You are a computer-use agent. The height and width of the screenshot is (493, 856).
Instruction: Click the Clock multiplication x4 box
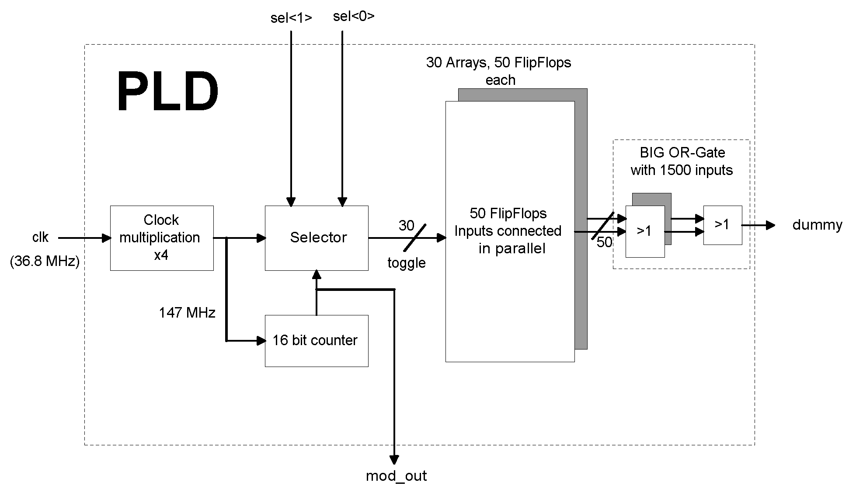[x=161, y=238]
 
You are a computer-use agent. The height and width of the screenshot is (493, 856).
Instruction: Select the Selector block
[x=317, y=238]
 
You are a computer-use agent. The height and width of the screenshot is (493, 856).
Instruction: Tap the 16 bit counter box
[x=317, y=340]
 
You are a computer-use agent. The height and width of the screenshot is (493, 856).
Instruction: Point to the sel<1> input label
[x=291, y=18]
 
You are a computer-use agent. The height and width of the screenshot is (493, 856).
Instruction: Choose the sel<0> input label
[x=354, y=16]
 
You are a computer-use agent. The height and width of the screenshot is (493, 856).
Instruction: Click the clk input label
[x=40, y=238]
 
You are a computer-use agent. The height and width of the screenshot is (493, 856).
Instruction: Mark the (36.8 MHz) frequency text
[x=45, y=262]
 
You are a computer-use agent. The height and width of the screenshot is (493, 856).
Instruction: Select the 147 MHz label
[x=187, y=313]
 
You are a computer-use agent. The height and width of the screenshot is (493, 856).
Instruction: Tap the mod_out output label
[x=396, y=476]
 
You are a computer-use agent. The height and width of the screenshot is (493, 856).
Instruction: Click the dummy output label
[x=817, y=225]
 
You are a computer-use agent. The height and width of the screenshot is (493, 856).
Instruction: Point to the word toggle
[x=406, y=263]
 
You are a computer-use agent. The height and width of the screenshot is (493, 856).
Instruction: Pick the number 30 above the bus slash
[x=406, y=226]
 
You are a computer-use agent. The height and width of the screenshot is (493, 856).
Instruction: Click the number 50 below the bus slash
[x=604, y=242]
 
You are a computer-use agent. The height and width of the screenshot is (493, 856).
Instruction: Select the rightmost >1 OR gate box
[x=722, y=225]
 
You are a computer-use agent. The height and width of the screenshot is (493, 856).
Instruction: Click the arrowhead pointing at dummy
[x=770, y=225]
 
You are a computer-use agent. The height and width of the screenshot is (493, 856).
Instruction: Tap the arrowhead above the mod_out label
[x=394, y=459]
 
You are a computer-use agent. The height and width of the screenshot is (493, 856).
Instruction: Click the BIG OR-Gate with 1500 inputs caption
[x=682, y=161]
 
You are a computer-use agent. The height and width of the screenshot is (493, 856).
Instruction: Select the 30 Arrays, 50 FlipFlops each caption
[x=499, y=71]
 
